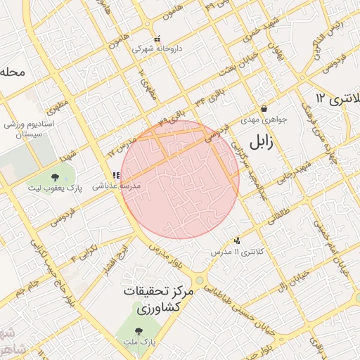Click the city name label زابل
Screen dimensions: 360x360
[x=259, y=142]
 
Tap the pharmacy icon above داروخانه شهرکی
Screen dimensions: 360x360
[x=157, y=39]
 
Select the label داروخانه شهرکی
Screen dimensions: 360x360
[x=157, y=49]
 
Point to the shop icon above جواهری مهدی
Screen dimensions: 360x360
[x=264, y=109]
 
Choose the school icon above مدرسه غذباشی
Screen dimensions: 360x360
[x=115, y=176]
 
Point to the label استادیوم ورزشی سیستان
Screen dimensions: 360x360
[x=27, y=129]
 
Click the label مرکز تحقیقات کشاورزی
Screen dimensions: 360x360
[x=152, y=298]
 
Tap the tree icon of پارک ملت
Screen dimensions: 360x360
[x=138, y=330]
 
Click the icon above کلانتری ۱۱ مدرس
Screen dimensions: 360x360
[x=237, y=240]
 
